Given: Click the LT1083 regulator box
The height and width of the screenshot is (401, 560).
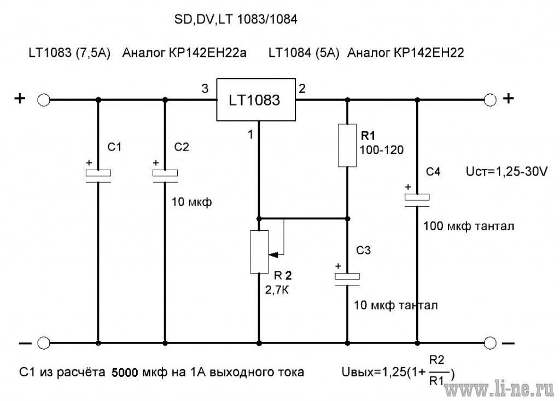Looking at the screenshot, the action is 256,100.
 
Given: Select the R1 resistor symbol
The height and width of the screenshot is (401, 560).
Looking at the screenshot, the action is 347,146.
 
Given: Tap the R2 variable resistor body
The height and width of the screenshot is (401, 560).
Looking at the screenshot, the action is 259,252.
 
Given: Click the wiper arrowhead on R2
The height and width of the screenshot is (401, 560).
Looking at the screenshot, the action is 273,255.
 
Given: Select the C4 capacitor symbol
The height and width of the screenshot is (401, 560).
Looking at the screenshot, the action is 417,200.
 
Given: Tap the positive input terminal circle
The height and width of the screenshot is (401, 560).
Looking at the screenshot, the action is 44,100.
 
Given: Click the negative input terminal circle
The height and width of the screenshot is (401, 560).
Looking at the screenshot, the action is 44,343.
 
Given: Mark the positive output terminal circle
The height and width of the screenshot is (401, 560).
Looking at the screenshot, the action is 490,100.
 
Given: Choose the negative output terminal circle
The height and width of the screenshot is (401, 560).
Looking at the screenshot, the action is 490,343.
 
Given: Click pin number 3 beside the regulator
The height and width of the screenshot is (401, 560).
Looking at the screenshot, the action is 205,88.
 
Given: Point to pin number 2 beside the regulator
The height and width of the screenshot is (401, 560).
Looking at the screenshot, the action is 302,88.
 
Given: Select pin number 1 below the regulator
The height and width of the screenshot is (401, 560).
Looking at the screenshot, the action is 250,135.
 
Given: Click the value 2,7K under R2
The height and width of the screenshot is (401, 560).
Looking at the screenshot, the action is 277,290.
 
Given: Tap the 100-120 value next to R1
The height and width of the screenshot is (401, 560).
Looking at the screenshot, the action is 381,150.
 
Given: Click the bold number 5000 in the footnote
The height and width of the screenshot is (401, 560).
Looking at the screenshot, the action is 125,373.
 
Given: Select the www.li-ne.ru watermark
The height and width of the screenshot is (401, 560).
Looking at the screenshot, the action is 499,390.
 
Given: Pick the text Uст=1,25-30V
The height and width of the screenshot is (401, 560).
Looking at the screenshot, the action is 506,172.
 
